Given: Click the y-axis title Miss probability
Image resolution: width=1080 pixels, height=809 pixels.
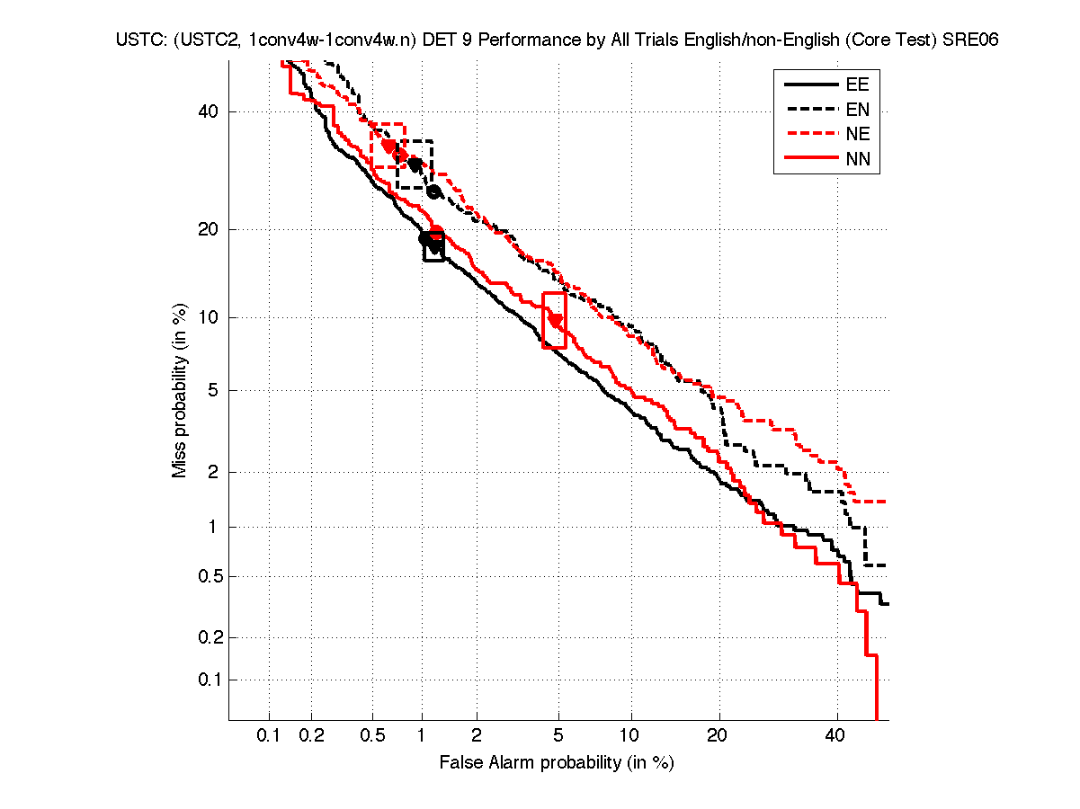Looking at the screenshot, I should [x=181, y=390].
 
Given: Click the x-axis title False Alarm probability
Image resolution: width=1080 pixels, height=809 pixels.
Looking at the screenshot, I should [x=557, y=763].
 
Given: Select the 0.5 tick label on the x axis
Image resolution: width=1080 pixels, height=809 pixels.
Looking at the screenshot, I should [x=371, y=736].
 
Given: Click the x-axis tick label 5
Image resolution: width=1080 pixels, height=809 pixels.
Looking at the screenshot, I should [x=558, y=736].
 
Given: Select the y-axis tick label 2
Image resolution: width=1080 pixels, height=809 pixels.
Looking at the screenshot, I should [x=213, y=472].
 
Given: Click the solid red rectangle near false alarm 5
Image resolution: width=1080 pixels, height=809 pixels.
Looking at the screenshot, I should [x=555, y=320].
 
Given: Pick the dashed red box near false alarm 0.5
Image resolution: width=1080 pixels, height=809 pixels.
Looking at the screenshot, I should [x=388, y=145].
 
